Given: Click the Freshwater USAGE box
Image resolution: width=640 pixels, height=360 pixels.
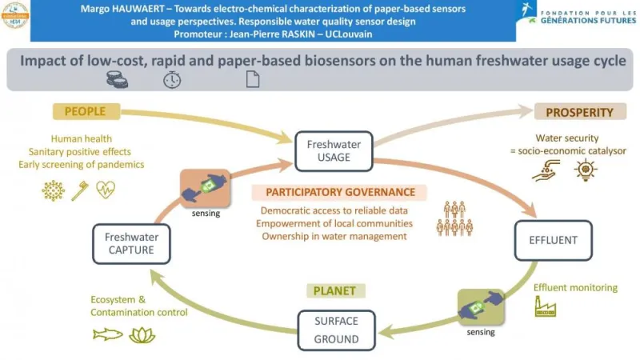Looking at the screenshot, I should (334, 151).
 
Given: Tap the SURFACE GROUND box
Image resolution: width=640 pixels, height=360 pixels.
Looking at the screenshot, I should (336, 328).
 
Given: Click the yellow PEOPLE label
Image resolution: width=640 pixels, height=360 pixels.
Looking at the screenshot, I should (90, 111).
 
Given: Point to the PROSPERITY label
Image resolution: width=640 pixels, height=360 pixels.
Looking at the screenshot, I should (578, 113).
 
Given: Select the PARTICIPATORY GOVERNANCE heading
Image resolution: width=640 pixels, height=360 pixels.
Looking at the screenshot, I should (340, 193).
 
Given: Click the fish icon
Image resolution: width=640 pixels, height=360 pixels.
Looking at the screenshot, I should (108, 334).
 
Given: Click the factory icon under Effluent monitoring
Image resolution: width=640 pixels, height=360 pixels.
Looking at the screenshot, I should (546, 307).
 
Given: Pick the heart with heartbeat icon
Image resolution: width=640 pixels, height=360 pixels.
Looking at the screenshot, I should (106, 190).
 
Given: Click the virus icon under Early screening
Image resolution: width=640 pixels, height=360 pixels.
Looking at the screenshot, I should (54, 190).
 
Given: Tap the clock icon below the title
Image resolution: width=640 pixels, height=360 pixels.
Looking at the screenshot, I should (172, 79).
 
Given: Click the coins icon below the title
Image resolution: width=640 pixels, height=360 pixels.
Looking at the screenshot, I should (118, 78).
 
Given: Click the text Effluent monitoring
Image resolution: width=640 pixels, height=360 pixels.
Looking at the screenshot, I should (575, 287).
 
